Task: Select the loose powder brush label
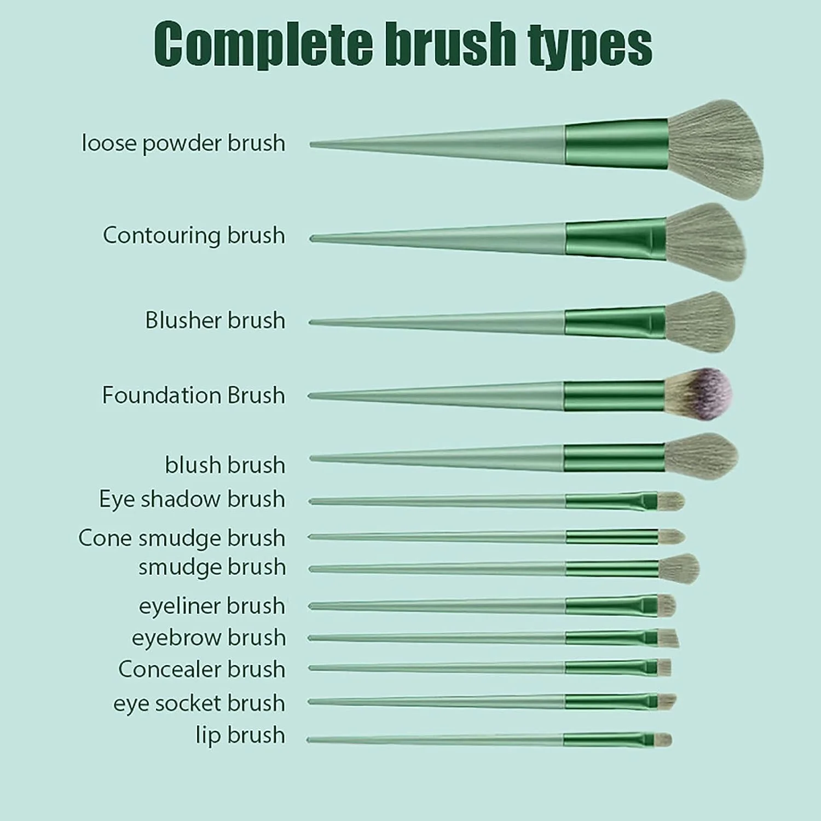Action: [183, 143]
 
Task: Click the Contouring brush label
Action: [194, 236]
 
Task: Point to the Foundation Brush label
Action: [193, 395]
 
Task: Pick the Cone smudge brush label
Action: [182, 538]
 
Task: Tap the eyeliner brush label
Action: [212, 606]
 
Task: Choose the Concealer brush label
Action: [201, 669]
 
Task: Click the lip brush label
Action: [240, 735]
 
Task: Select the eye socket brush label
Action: [199, 703]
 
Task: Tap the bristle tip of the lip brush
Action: [663, 740]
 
